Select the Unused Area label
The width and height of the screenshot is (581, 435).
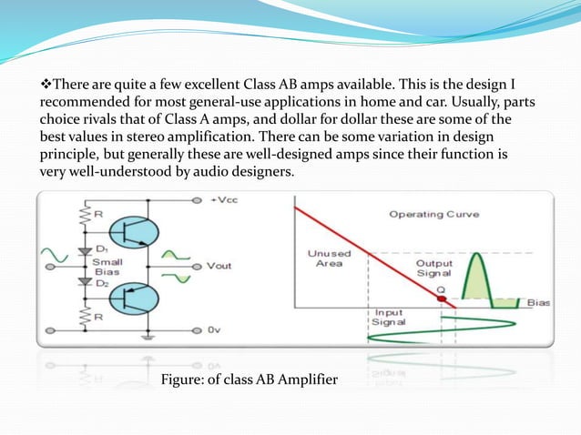(330, 258)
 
